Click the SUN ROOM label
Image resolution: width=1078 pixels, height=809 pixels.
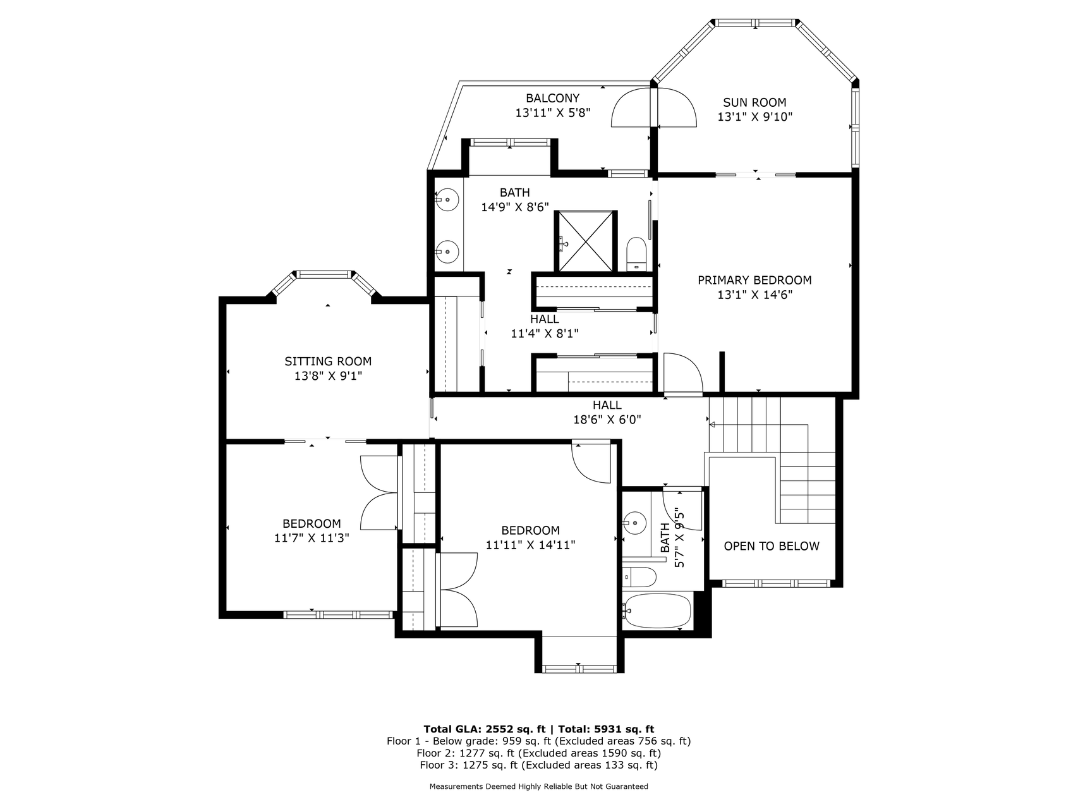(x=754, y=102)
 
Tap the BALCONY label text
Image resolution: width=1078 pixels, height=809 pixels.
(x=552, y=98)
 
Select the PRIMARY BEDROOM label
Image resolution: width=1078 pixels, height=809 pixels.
(x=754, y=280)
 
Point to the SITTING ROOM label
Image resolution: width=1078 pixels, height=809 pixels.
(x=328, y=362)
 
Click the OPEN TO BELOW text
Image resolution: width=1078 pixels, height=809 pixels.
(x=772, y=546)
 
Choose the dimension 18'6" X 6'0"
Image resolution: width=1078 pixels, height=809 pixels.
(x=607, y=419)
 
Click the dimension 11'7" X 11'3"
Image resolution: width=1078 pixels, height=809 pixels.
(x=312, y=538)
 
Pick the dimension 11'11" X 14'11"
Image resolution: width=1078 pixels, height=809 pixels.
(x=530, y=545)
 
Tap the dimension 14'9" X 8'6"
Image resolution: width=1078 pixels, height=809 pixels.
(x=515, y=207)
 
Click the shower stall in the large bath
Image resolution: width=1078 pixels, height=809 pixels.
(x=585, y=241)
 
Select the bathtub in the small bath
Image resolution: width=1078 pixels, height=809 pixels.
(x=657, y=611)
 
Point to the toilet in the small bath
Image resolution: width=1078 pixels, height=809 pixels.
(x=639, y=576)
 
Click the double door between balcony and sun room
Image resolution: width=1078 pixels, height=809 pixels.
(x=654, y=108)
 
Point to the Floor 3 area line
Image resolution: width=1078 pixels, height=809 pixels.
(x=538, y=765)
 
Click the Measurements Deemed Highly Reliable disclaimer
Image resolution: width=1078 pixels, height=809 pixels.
(x=538, y=787)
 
